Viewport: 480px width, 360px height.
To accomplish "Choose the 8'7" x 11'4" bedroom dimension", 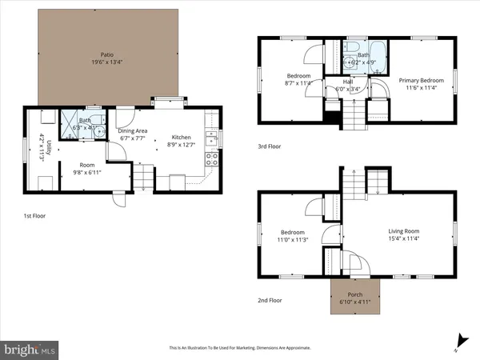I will click(x=293, y=81).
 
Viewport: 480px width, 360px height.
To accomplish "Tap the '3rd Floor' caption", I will click(x=270, y=146).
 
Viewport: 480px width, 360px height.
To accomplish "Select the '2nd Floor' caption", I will click(x=270, y=299).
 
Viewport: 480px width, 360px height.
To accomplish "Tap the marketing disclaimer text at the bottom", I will click(x=239, y=348).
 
